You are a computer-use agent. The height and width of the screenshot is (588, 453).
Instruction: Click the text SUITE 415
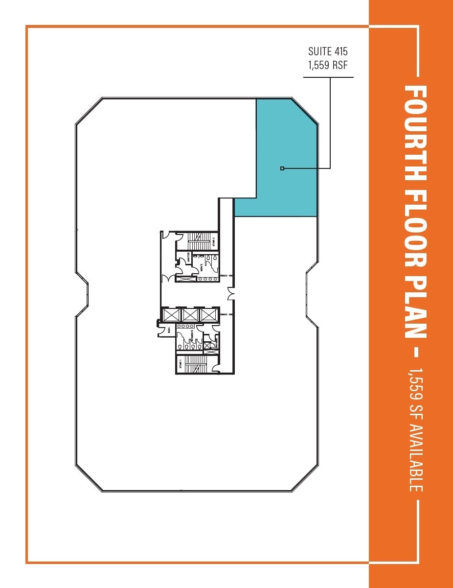(x=328, y=51)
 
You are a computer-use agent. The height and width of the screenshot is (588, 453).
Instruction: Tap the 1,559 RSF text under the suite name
(x=328, y=65)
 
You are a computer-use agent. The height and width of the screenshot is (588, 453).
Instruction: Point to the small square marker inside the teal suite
(x=282, y=168)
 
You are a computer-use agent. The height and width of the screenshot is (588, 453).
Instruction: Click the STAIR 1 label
(x=180, y=364)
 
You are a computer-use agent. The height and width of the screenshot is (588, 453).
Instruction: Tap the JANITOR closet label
(x=189, y=258)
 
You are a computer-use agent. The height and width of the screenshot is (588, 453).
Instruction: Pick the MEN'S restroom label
(x=201, y=267)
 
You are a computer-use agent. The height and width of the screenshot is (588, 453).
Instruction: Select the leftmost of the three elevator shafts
(x=171, y=315)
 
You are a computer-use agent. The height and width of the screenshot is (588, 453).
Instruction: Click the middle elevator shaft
(x=190, y=315)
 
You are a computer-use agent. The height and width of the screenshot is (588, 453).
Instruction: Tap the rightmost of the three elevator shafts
(x=208, y=315)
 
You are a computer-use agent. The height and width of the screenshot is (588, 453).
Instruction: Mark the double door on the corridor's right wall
(x=231, y=294)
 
